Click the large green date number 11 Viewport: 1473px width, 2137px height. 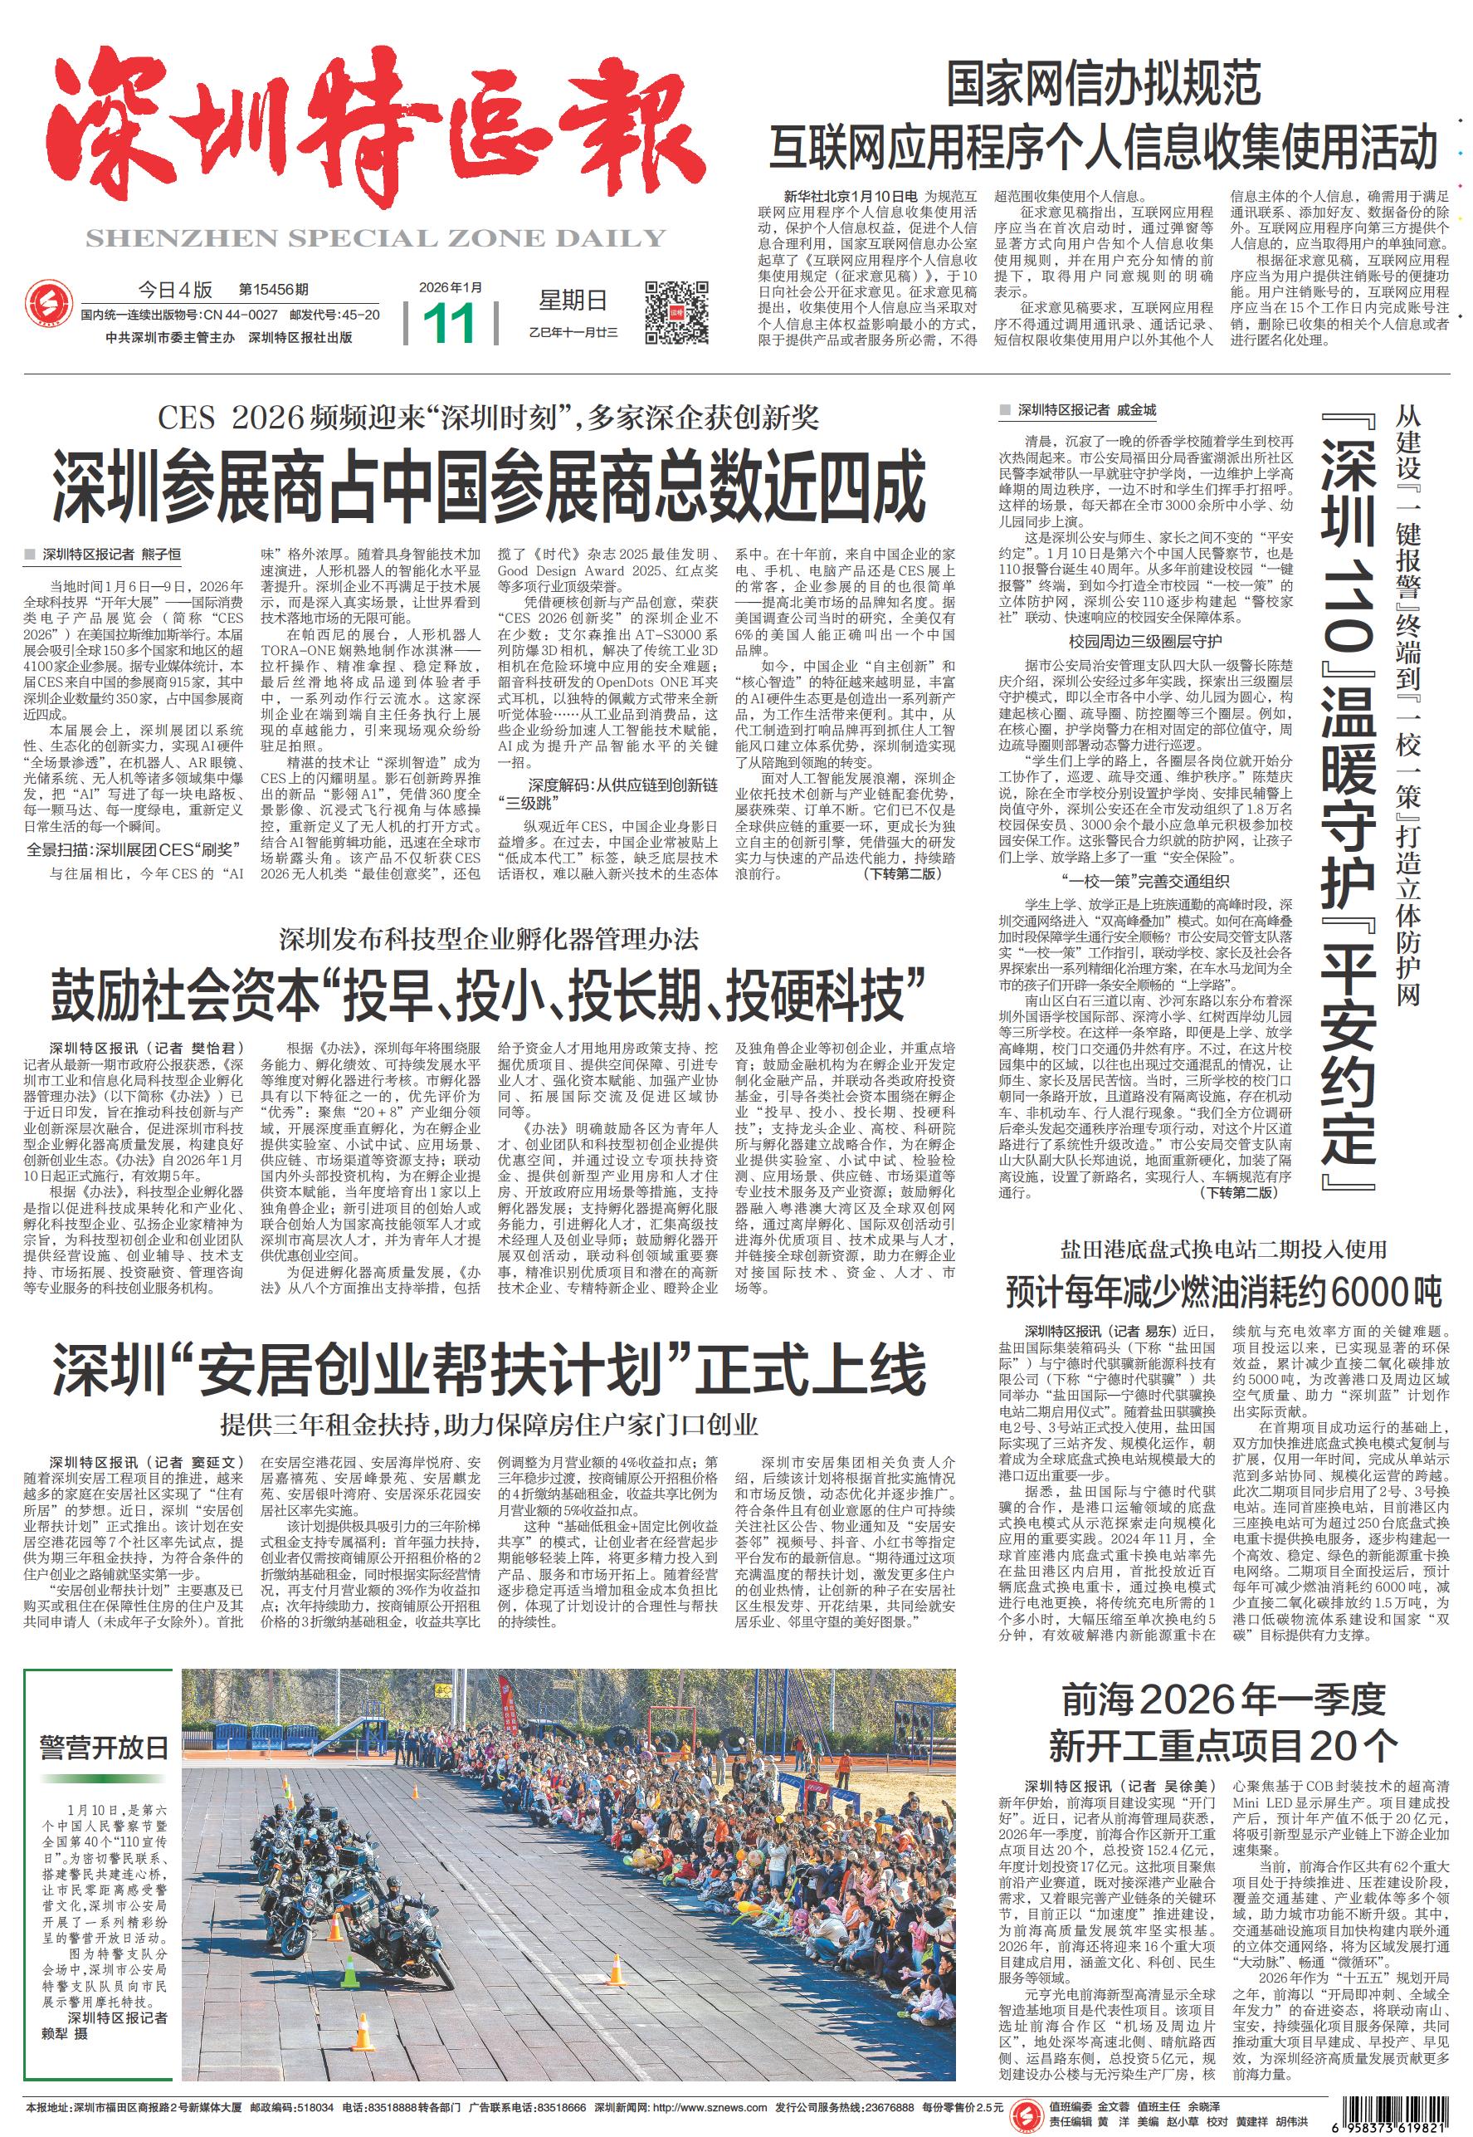tap(451, 322)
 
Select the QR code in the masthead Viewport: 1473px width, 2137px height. tap(676, 312)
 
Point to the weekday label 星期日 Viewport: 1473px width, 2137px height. tap(573, 300)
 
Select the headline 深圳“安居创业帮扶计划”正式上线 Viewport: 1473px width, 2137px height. tap(489, 1369)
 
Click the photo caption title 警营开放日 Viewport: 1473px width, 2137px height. tap(105, 1748)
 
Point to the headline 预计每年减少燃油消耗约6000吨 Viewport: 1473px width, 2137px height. tap(1223, 1292)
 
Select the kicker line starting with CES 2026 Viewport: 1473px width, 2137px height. tap(489, 418)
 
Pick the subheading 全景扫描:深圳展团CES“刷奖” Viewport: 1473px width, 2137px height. tap(129, 849)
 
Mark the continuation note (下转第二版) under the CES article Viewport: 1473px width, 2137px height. tap(902, 873)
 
